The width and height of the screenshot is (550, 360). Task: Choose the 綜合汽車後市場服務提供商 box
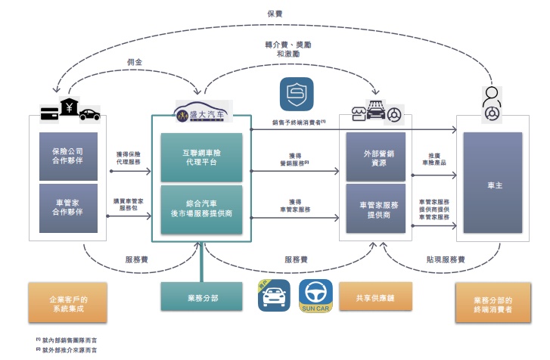coord(201,209)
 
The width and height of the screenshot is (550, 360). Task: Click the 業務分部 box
coord(201,296)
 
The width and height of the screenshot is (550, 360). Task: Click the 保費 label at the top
coord(275,14)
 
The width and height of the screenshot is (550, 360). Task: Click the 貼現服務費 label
coord(446,259)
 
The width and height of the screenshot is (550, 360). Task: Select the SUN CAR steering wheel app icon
coord(315,296)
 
